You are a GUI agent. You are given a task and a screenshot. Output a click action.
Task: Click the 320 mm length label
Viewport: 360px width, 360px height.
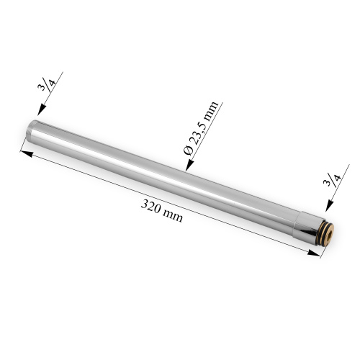click(163, 210)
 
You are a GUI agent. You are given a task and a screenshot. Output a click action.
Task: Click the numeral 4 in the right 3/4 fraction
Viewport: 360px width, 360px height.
click(336, 181)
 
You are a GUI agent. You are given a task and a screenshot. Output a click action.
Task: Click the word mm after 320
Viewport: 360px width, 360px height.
click(173, 215)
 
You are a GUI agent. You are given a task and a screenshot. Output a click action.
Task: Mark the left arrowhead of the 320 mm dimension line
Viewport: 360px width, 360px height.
click(24, 153)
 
